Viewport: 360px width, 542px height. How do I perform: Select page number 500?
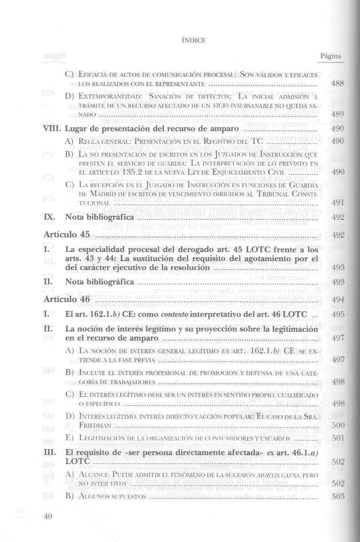pos(337,425)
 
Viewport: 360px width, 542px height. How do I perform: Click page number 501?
pos(337,438)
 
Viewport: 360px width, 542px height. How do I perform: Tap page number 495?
pos(337,314)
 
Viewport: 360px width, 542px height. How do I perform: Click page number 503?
pos(337,496)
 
